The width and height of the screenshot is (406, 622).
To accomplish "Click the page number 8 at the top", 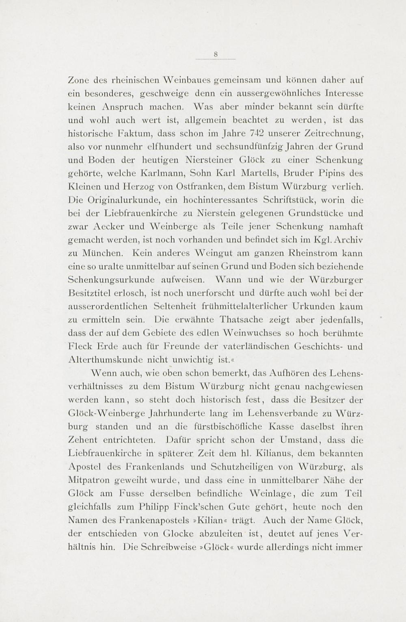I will click(x=216, y=54).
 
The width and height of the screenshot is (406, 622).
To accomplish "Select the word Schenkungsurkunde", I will click(x=112, y=280).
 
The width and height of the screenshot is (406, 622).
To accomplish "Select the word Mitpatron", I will click(x=89, y=480).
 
